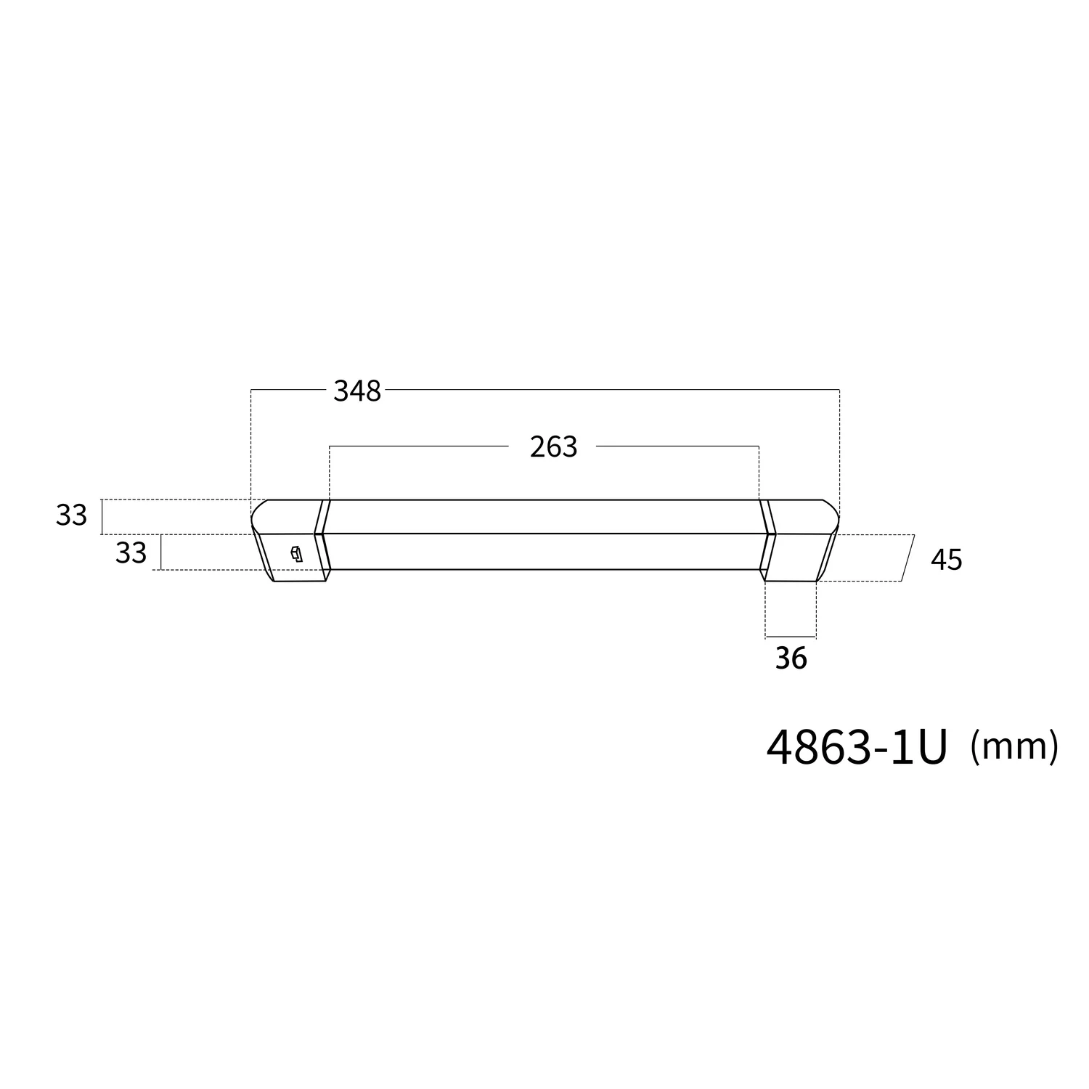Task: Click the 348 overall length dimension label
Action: pos(357,391)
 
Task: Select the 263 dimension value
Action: pos(553,447)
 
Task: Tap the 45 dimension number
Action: pos(946,560)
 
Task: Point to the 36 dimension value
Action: pos(791,658)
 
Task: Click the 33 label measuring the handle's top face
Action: pos(71,515)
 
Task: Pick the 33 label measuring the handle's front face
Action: pos(131,553)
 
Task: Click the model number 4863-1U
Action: pos(857,747)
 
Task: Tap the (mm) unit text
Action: pos(1013,746)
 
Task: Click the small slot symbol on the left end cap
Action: pos(295,555)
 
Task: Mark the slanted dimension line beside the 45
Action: pos(907,558)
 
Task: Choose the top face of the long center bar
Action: pos(544,516)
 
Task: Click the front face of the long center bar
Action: pos(544,552)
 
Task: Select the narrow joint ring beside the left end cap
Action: pos(322,536)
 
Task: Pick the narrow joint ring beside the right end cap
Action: pos(765,536)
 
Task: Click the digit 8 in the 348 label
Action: pos(373,391)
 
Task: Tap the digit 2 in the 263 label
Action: pos(538,447)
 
